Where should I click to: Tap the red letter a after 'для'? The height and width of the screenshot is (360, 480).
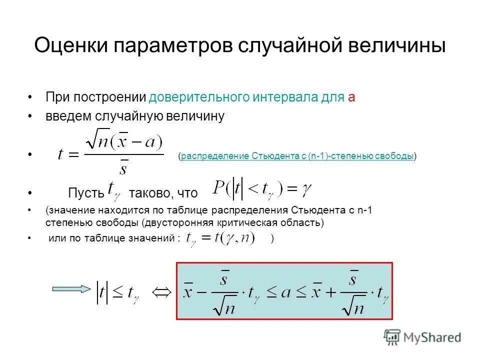[x=351, y=97]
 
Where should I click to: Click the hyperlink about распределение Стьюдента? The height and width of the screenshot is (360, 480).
[x=297, y=156]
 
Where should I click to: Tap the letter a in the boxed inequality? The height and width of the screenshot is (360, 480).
[x=285, y=292]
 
